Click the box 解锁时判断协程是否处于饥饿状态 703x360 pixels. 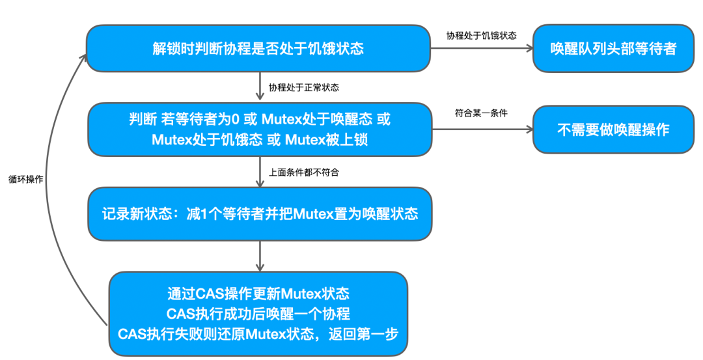point(258,49)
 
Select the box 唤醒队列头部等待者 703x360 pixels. point(613,49)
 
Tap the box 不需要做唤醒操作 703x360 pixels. point(613,130)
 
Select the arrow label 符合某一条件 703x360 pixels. point(481,113)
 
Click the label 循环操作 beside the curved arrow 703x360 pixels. point(25,178)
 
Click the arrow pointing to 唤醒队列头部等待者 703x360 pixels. point(481,49)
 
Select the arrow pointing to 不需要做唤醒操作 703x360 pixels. point(481,130)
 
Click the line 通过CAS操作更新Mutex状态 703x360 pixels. point(258,293)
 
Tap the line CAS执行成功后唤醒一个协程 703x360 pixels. point(258,313)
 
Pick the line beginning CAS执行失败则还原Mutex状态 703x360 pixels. point(258,333)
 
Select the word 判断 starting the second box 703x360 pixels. point(143,120)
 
